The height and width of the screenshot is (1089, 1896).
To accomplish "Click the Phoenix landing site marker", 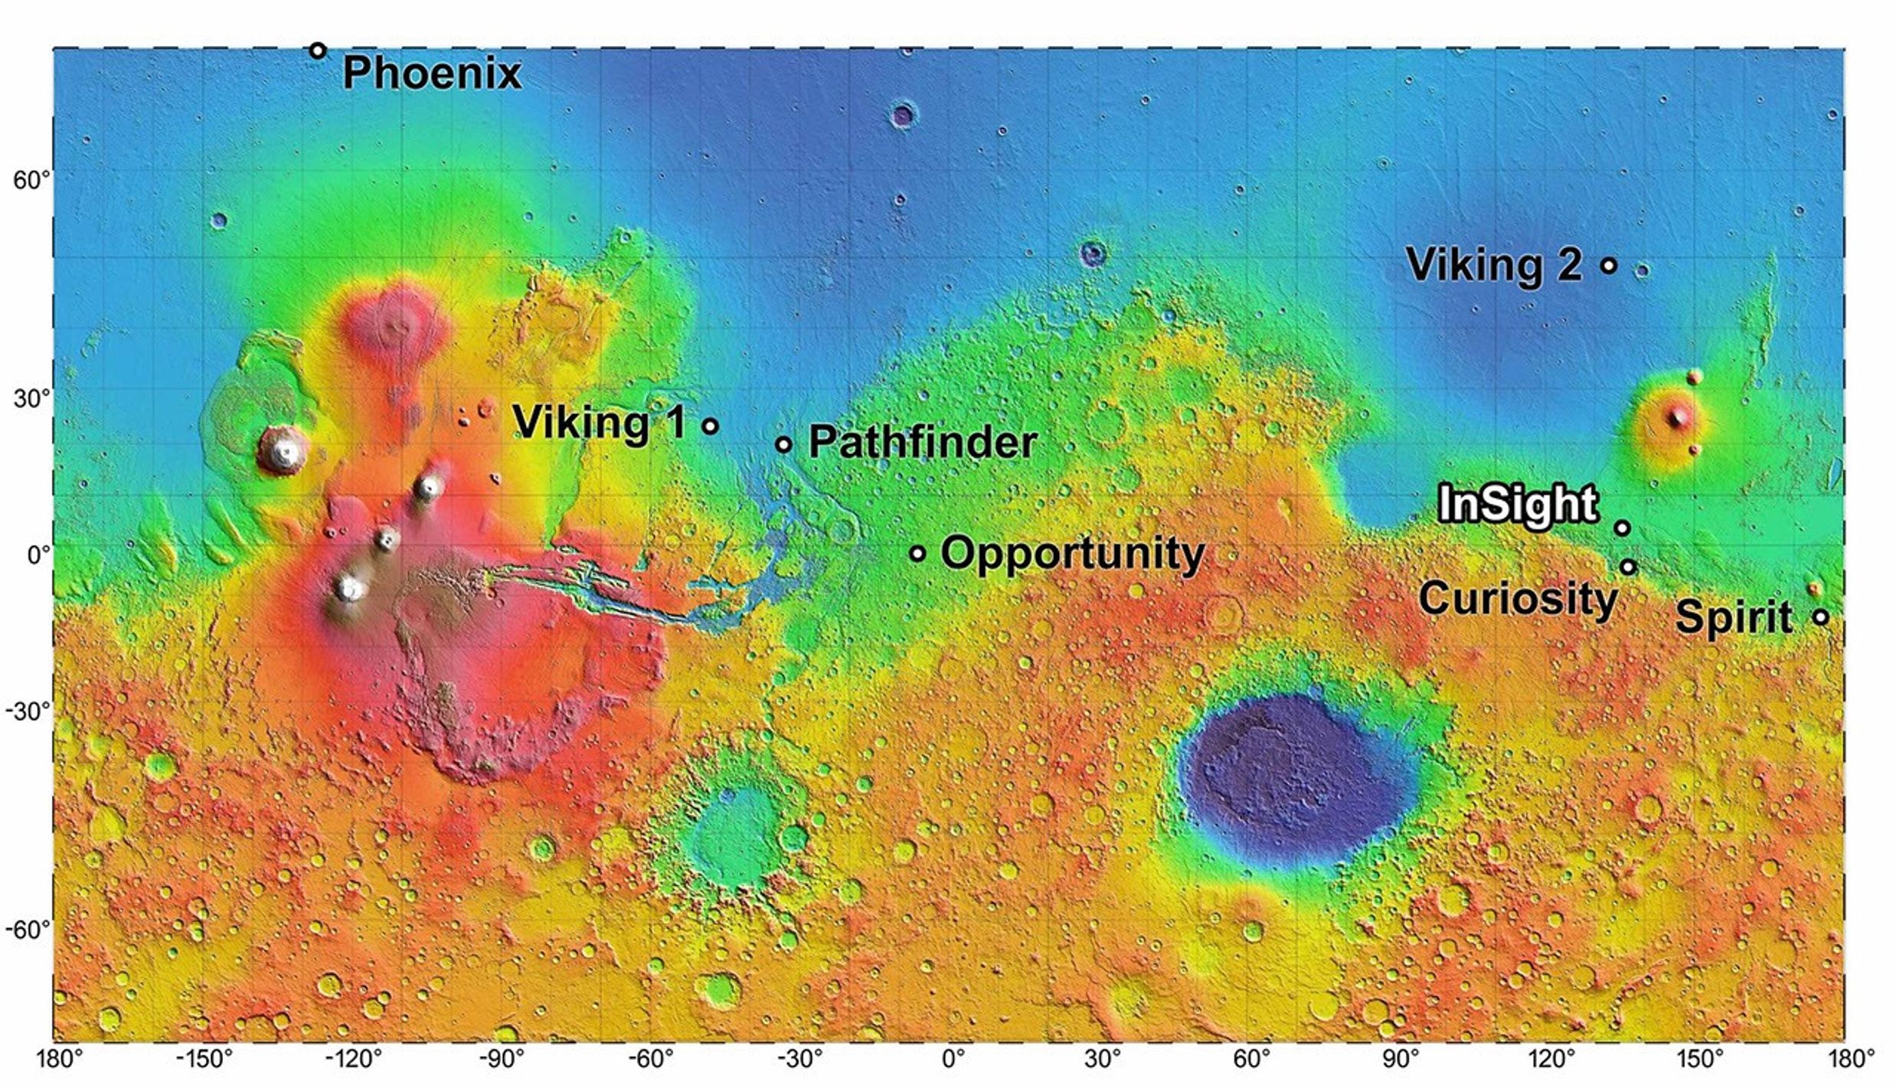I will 318,51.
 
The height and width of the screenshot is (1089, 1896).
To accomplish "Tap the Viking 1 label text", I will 600,422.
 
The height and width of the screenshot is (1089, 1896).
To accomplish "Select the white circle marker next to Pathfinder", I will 783,444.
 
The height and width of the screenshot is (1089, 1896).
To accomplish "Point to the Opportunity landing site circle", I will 917,553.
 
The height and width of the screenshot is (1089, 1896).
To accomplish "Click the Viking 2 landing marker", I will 1609,266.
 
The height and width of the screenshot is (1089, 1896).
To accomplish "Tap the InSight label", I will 1518,505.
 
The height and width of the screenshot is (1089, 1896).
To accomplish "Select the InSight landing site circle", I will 1621,528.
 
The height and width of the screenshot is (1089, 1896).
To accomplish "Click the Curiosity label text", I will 1518,598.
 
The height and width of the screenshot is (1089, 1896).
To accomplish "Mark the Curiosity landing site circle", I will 1628,567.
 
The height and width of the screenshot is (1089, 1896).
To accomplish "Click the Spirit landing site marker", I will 1821,616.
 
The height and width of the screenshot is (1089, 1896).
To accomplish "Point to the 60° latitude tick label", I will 31,181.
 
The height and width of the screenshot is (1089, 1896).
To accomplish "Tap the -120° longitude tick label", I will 355,1060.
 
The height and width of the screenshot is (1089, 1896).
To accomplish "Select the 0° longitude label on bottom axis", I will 954,1060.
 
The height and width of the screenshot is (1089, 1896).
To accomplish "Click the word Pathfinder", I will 923,443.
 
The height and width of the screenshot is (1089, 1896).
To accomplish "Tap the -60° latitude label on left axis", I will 28,930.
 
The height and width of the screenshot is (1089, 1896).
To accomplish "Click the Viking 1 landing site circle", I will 711,426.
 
